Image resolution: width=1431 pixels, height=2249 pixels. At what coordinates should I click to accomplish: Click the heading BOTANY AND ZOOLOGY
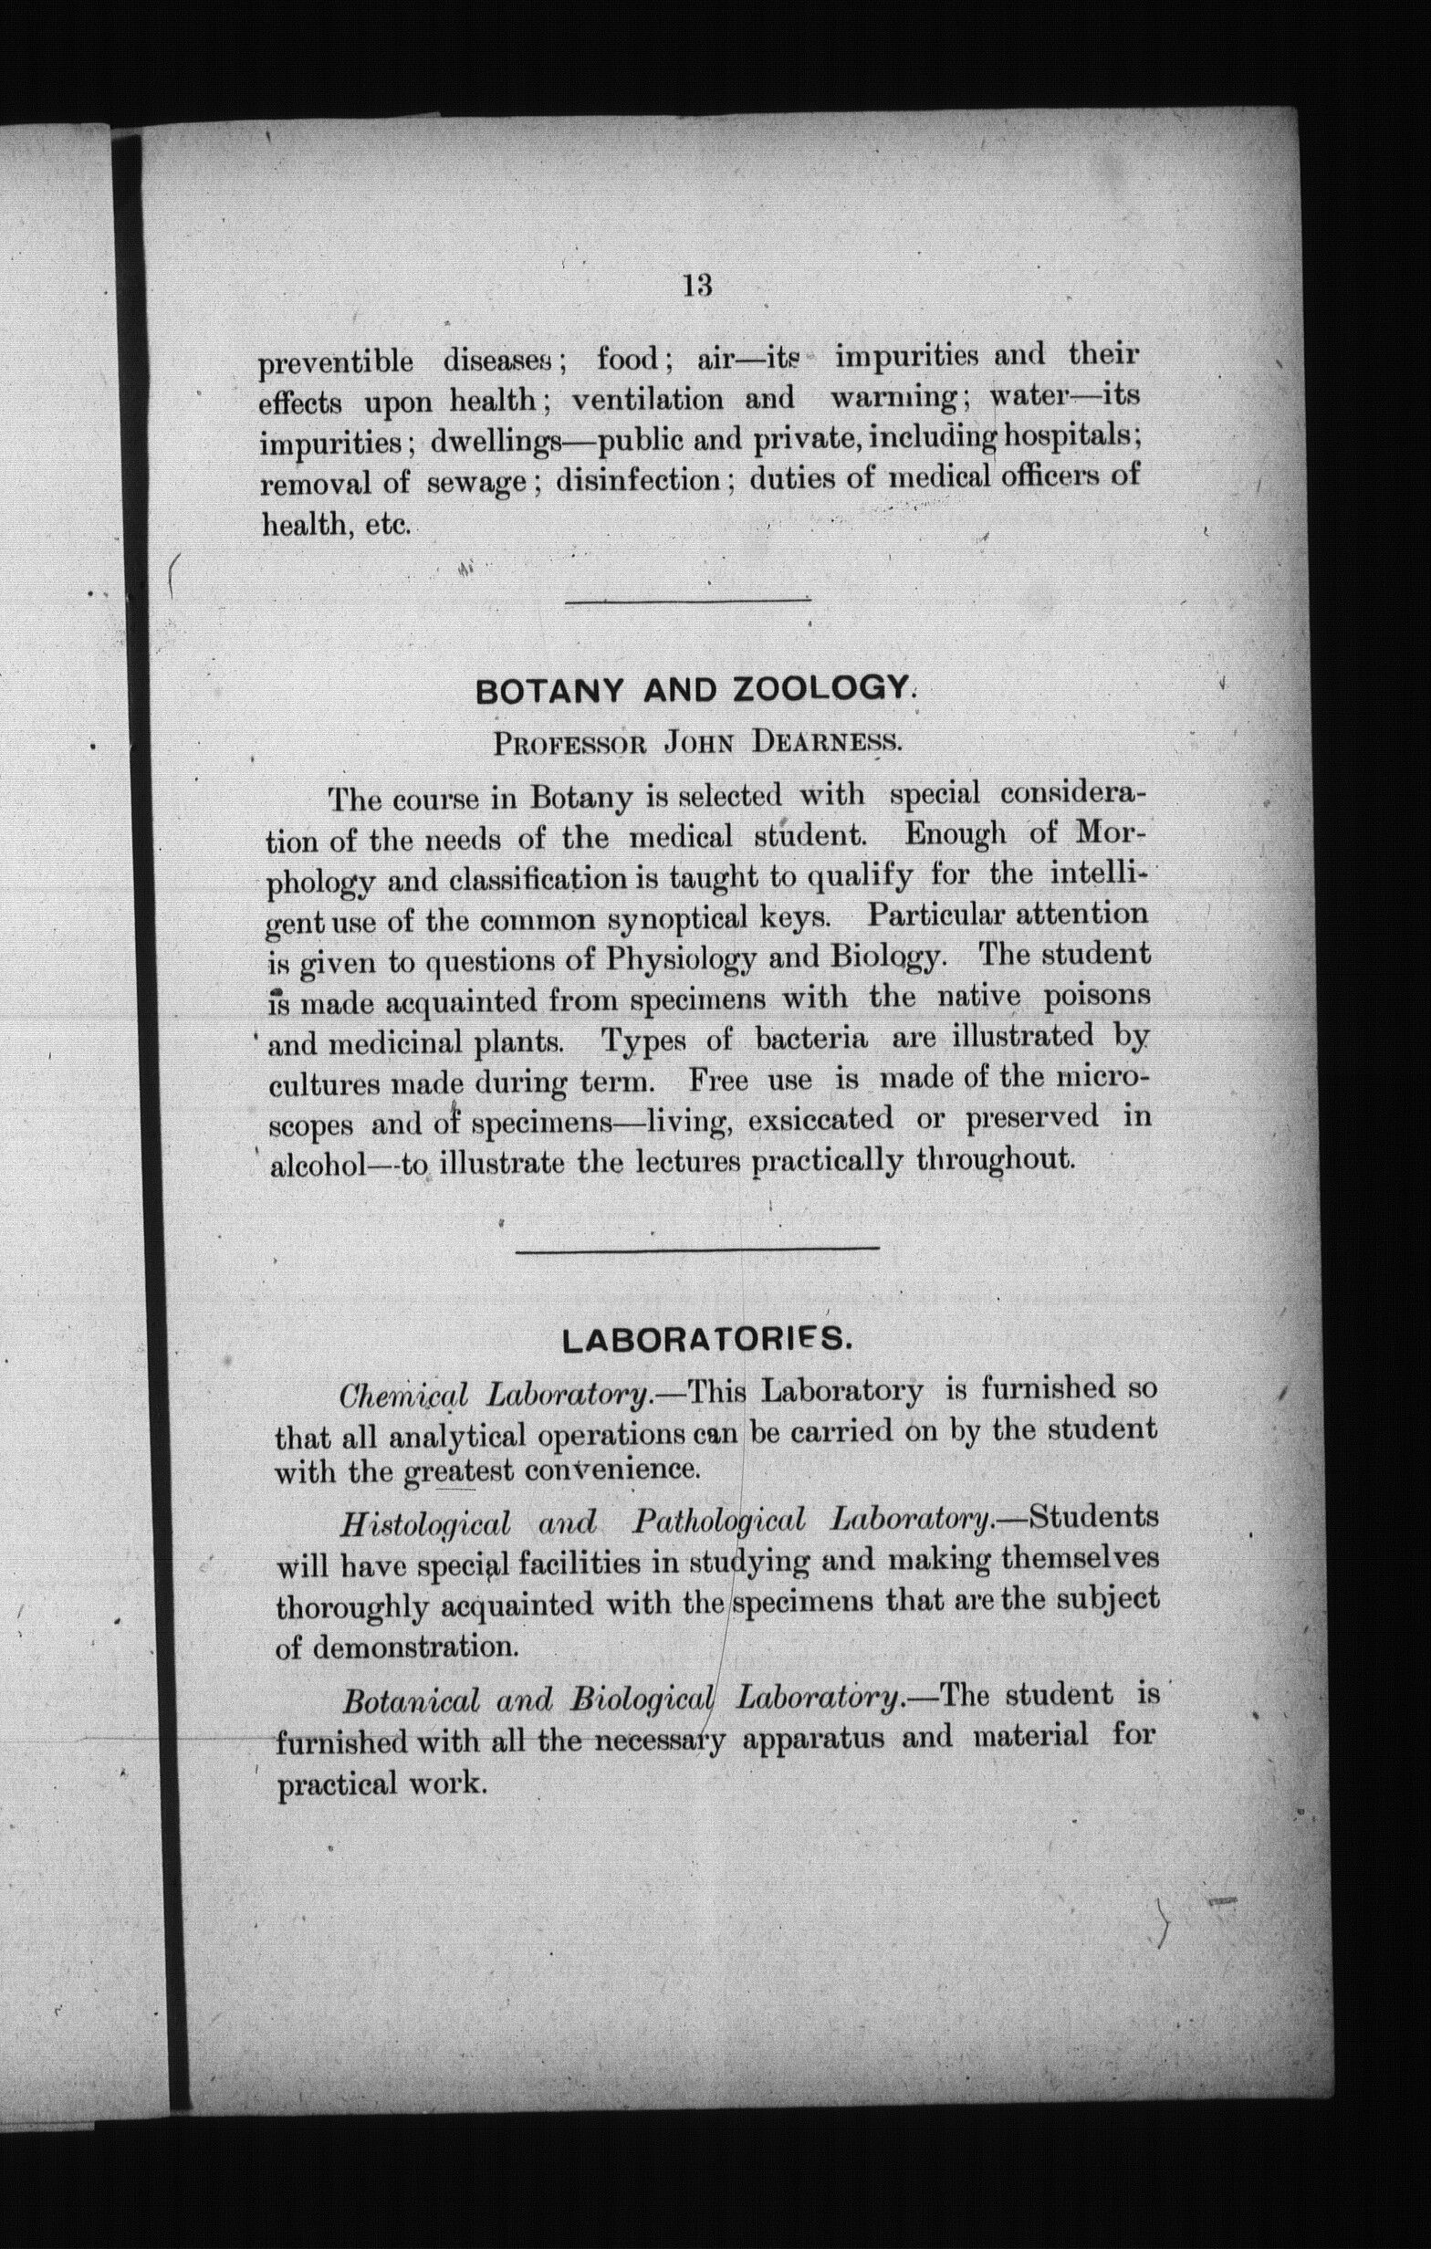[x=692, y=691]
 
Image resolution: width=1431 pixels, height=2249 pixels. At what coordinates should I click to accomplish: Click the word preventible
[x=335, y=361]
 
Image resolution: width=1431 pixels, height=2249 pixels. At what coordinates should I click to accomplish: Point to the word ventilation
[x=647, y=400]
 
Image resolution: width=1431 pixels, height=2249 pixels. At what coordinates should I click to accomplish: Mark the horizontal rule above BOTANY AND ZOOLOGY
[x=687, y=601]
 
